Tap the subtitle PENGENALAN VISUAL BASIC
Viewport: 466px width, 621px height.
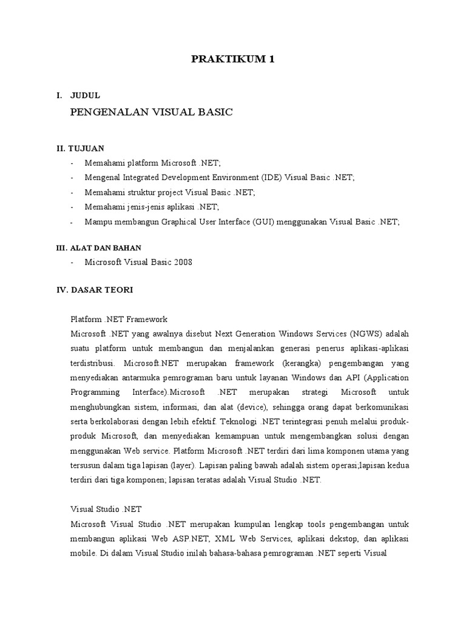pos(152,112)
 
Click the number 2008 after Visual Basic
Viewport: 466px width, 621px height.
pos(182,263)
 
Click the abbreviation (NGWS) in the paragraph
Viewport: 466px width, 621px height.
pos(365,334)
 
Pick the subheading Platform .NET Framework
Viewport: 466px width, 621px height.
pos(119,319)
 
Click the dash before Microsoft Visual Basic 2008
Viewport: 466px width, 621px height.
pos(72,263)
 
